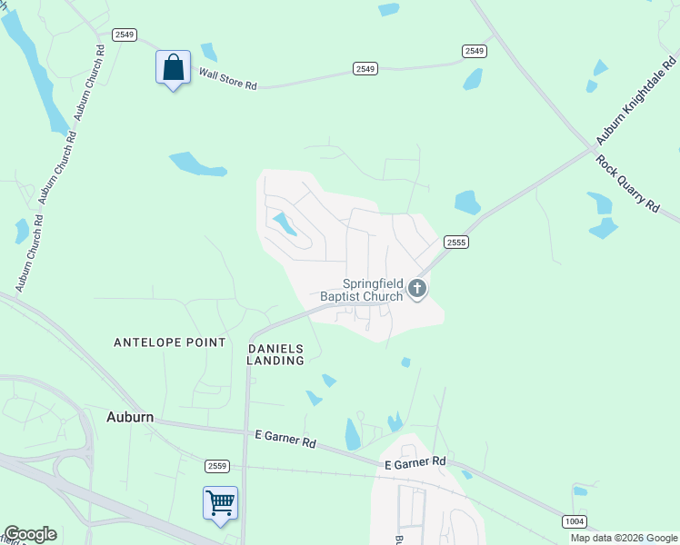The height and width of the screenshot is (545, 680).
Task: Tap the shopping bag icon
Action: point(173,68)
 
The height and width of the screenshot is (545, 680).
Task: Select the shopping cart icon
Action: point(220,503)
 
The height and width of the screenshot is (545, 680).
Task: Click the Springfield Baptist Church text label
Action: point(361,289)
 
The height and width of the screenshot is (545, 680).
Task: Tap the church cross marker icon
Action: point(417,289)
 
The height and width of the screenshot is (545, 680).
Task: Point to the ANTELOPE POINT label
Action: point(169,342)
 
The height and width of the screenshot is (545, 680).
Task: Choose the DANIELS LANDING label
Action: point(275,354)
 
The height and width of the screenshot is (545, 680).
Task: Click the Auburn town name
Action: point(129,418)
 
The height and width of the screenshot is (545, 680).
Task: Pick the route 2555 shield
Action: point(456,242)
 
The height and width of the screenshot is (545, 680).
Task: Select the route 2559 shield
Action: point(217,466)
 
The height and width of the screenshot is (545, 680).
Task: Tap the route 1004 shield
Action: point(575,520)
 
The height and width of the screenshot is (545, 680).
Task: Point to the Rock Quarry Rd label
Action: point(626,183)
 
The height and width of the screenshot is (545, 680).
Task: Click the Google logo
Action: point(30,534)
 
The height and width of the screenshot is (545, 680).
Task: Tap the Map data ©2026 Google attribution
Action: point(624,538)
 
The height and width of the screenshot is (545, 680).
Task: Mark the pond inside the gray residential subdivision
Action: point(285,223)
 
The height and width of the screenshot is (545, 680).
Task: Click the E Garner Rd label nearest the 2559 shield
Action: point(285,440)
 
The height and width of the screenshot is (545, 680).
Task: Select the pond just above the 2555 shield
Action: point(467,202)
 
